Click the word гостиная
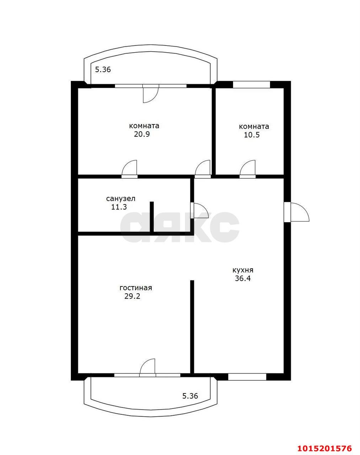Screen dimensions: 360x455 pos(136,288)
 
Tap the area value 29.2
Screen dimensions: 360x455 pos(132,296)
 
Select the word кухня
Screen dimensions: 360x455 pos(243,270)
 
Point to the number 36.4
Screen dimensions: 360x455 pos(243,278)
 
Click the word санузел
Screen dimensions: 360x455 pos(121,199)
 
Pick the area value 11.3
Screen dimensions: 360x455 pos(119,207)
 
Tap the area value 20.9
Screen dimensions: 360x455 pos(142,134)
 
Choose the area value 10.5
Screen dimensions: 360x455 pos(252,135)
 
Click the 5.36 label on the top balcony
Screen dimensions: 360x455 pos(103,70)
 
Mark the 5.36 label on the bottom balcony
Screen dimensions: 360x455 pos(190,396)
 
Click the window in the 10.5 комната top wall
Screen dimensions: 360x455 pos(252,84)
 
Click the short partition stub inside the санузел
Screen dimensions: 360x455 pos(152,217)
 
